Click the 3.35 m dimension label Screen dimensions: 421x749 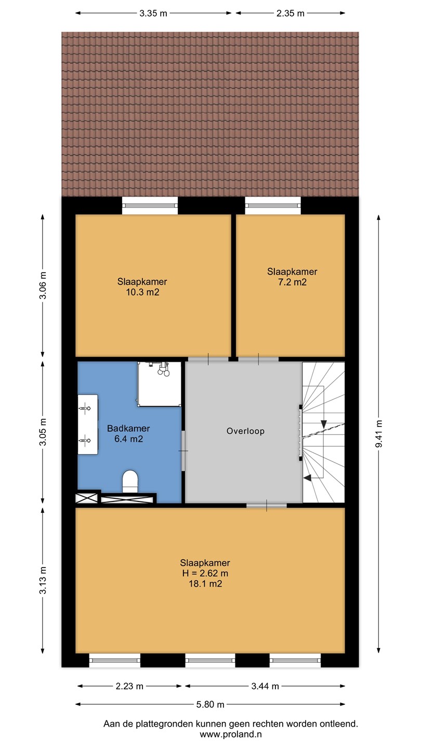(153, 14)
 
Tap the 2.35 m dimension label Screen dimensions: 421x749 (291, 14)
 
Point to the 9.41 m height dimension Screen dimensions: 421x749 (379, 434)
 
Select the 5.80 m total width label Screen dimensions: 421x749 (210, 704)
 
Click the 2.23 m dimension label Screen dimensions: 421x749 (129, 686)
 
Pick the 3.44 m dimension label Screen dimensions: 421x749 (265, 686)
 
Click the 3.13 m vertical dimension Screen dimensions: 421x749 (43, 580)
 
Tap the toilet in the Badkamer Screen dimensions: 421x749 (130, 482)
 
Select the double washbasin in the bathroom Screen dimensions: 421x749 (88, 424)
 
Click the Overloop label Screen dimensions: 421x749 (245, 431)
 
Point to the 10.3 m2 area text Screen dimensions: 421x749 (142, 292)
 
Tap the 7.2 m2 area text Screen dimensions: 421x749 (292, 282)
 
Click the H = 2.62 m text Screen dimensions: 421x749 (205, 573)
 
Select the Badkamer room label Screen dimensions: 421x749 (128, 429)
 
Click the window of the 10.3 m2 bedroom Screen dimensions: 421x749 (150, 205)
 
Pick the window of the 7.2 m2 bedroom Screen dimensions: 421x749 (273, 205)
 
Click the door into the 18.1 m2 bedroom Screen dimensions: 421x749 (267, 505)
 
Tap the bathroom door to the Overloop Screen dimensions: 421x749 (183, 451)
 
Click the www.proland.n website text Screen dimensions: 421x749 (231, 734)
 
